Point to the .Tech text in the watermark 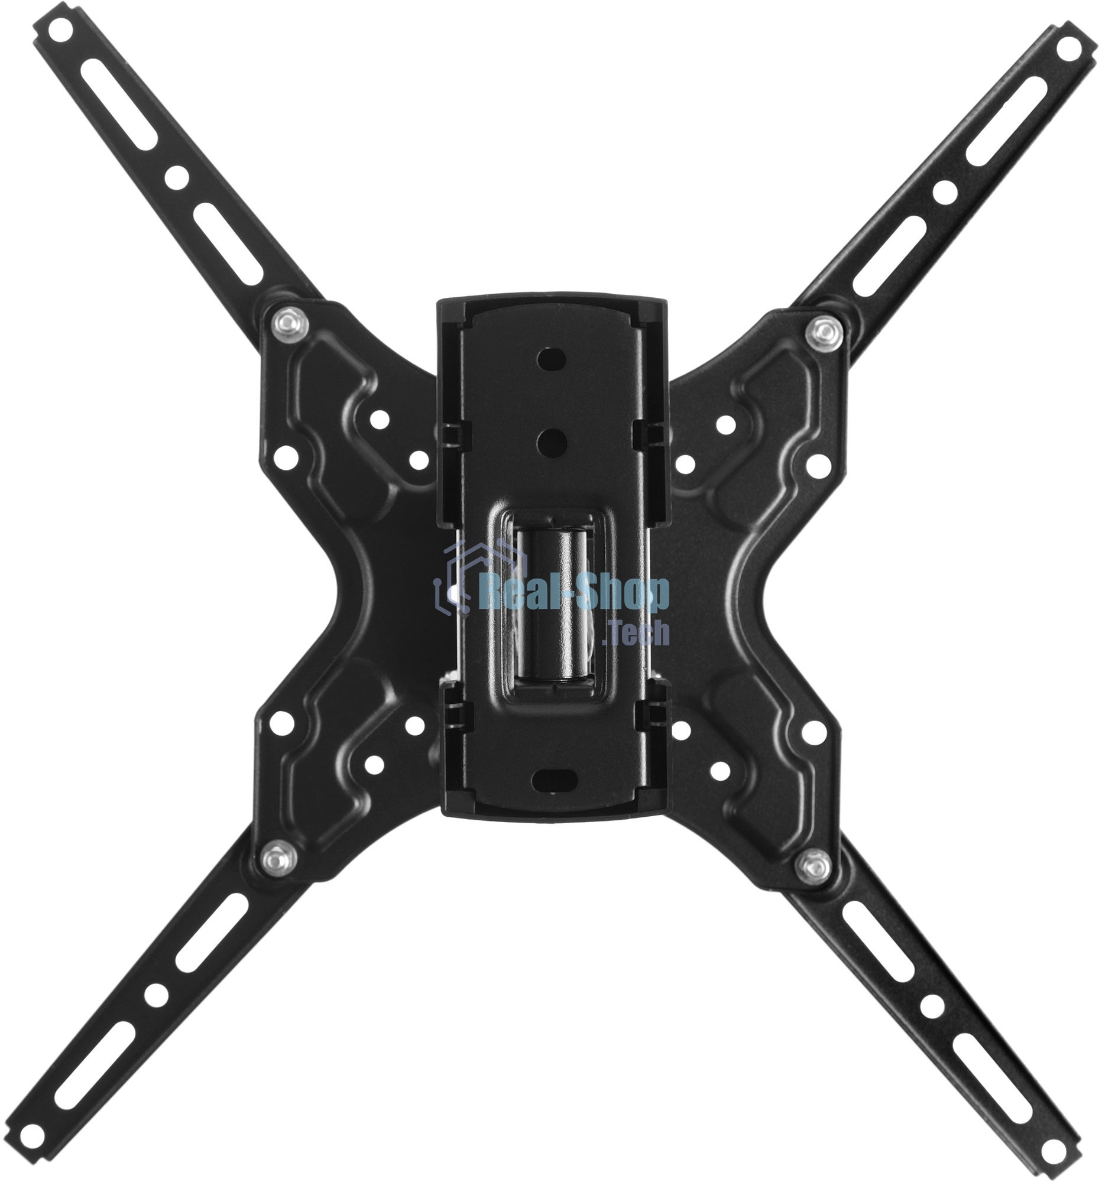point(635,632)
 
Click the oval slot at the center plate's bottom point(552,778)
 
